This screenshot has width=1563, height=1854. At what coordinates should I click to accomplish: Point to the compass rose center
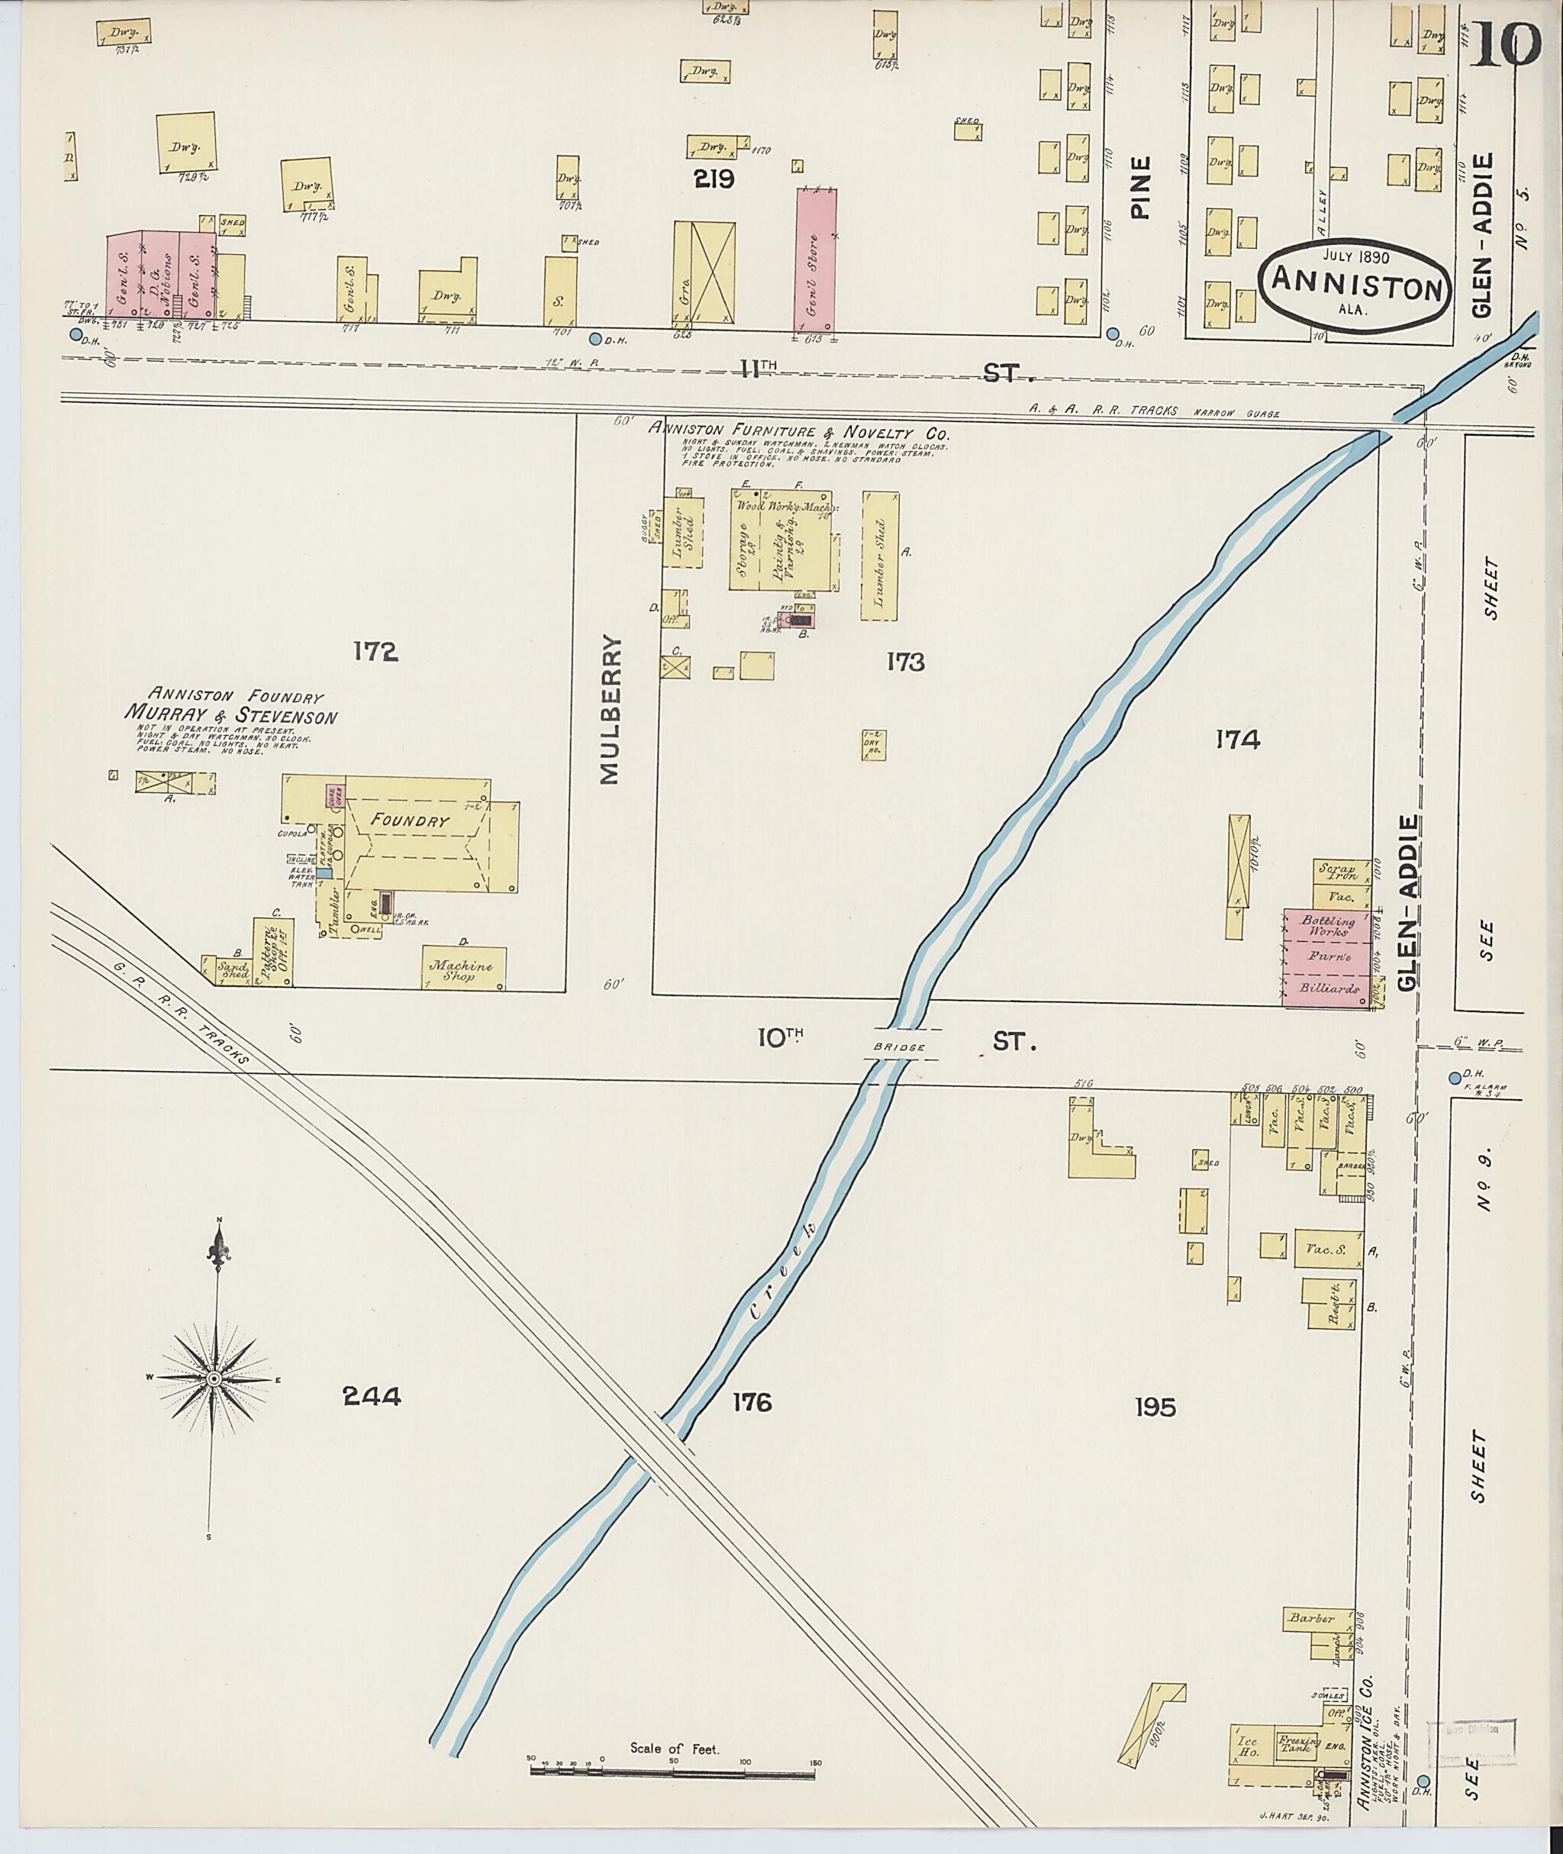coord(214,1381)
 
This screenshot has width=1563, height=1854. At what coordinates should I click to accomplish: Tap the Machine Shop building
coord(463,970)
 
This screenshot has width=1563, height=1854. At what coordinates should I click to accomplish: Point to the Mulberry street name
coord(611,709)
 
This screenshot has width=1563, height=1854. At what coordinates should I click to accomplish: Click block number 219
coord(714,180)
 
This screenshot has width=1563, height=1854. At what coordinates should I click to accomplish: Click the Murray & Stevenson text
coord(230,714)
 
